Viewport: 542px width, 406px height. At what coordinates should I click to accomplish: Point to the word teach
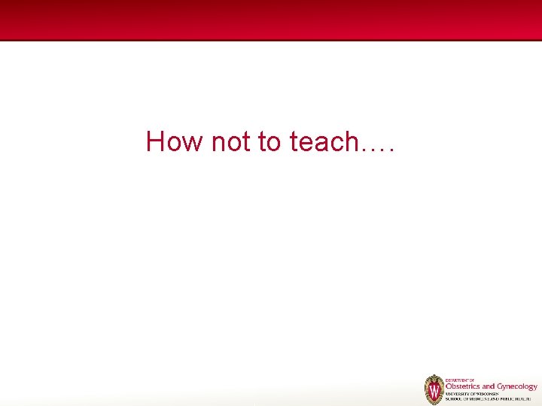pos(321,141)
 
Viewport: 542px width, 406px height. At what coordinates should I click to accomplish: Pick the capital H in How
pos(155,141)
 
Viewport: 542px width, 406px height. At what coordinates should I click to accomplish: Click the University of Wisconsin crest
pos(434,390)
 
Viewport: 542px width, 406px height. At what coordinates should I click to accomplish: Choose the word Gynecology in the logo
pos(517,387)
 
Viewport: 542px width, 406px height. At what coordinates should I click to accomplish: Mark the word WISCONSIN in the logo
pos(490,394)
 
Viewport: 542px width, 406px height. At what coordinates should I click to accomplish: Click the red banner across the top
pos(271,20)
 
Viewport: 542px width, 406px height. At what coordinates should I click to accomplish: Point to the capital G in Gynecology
pos(500,386)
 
